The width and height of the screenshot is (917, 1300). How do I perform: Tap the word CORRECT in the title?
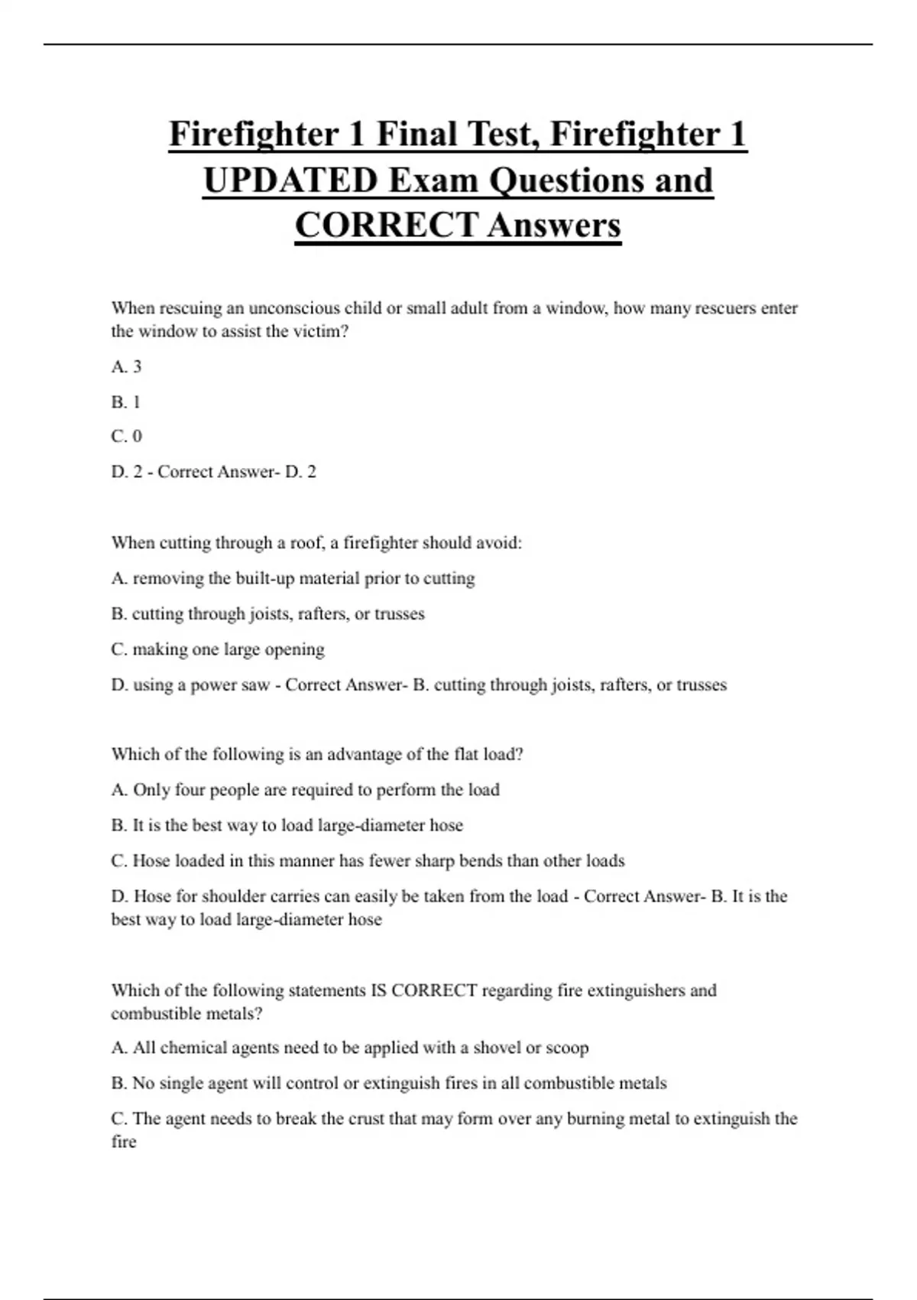coord(386,226)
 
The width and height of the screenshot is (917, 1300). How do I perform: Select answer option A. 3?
coord(126,367)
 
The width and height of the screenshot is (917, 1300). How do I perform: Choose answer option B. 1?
coord(125,402)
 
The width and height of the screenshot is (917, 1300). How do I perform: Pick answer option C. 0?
coord(126,437)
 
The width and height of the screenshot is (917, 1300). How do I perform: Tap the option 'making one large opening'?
coord(228,649)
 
